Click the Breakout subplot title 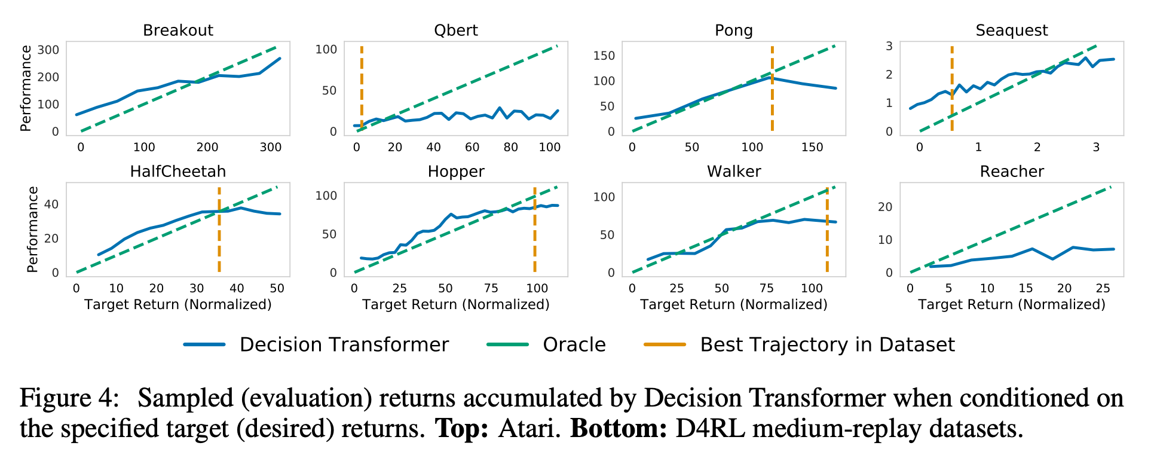(177, 30)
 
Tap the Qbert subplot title (455, 30)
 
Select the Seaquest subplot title (1011, 30)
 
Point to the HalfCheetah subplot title (177, 172)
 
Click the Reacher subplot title (1011, 172)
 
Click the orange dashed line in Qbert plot (362, 84)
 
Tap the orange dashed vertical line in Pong (772, 102)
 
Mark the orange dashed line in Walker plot (827, 239)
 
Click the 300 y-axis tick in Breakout (48, 50)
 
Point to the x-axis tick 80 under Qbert (510, 148)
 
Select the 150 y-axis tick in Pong (604, 56)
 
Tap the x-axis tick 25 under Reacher (1103, 289)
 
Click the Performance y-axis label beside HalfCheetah (33, 230)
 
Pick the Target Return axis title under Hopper (455, 305)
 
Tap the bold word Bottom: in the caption (618, 429)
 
